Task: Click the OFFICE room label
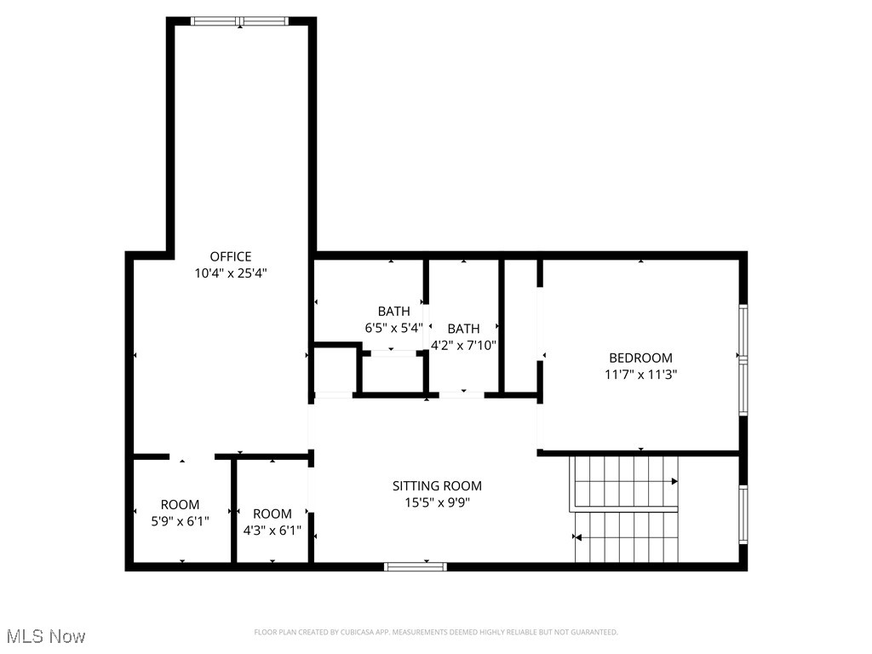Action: pyautogui.click(x=231, y=256)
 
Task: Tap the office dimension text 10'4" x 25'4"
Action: pyautogui.click(x=231, y=273)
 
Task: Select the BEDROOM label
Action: pyautogui.click(x=640, y=358)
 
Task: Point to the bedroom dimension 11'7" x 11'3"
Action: pyautogui.click(x=640, y=374)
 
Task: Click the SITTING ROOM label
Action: pyautogui.click(x=437, y=485)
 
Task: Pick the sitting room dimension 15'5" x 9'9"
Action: pyautogui.click(x=437, y=502)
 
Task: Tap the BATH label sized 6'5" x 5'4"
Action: pyautogui.click(x=393, y=311)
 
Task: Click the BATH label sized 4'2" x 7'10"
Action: pyautogui.click(x=463, y=328)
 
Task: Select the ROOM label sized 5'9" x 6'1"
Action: pyautogui.click(x=180, y=504)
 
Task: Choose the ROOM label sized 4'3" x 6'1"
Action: pyautogui.click(x=272, y=513)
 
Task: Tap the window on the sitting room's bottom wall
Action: pyautogui.click(x=416, y=565)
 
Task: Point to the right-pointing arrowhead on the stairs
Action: pyautogui.click(x=674, y=481)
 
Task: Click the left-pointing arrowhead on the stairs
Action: pyautogui.click(x=578, y=537)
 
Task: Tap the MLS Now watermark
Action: pyautogui.click(x=46, y=636)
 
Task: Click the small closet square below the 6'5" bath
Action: pyautogui.click(x=335, y=370)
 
